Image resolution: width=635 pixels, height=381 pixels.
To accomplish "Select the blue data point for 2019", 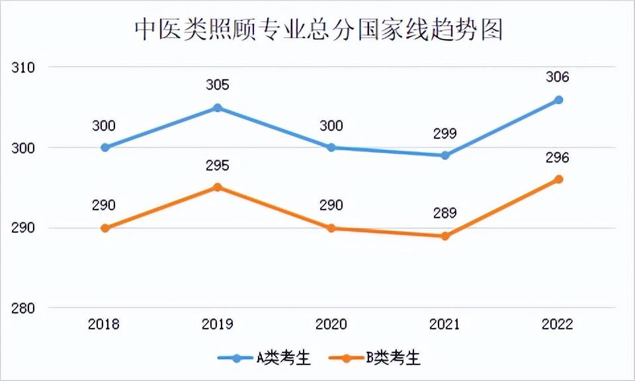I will (218, 108).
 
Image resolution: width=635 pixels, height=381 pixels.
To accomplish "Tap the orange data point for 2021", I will (445, 236).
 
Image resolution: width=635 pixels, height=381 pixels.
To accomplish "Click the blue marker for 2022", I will (558, 100).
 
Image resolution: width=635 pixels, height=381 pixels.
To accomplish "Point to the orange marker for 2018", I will (105, 228).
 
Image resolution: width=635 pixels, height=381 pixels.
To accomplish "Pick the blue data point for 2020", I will (331, 148).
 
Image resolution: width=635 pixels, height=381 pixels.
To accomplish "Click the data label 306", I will (558, 77).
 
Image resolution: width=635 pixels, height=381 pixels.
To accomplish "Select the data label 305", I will (218, 85).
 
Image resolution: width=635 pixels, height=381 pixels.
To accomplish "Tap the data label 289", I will (444, 213).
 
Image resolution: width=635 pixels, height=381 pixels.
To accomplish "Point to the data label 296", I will (558, 157).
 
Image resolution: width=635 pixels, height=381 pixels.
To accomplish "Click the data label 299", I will (444, 133).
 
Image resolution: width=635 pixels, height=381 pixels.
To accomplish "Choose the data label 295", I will (218, 165).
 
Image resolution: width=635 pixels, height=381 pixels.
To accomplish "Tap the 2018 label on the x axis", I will (104, 325).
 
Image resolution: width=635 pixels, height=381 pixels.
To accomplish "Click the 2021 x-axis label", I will (444, 325).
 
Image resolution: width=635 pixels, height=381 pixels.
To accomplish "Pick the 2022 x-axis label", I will (558, 325).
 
